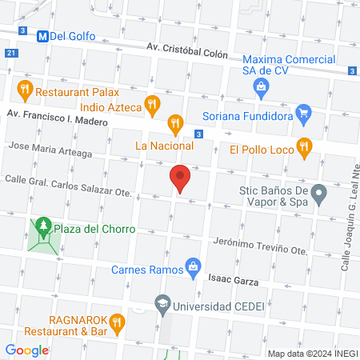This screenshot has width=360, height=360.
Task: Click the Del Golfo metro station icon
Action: (x=42, y=35)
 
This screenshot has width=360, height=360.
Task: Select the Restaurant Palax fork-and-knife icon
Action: (x=26, y=88)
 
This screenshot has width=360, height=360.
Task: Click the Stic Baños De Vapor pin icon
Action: (x=319, y=192)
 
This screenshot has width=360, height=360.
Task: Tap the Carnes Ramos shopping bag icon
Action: (x=193, y=267)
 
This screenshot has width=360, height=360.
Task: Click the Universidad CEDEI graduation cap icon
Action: (x=163, y=305)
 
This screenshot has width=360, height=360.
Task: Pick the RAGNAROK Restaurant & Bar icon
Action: (x=117, y=323)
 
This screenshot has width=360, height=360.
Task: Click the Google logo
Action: (x=27, y=350)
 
